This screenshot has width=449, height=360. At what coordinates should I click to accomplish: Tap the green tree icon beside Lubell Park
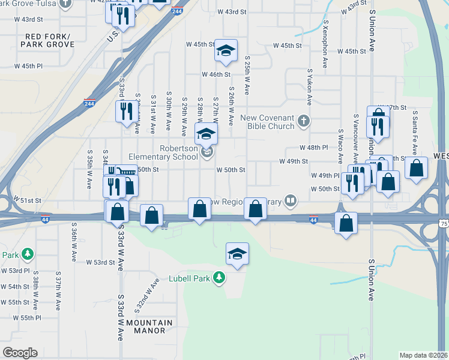tap(220, 277)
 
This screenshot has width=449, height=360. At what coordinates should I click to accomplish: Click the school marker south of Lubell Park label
tap(237, 254)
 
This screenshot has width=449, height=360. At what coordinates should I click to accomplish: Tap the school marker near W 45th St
tap(226, 51)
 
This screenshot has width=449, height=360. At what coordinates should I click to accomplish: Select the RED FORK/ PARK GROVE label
tap(49, 40)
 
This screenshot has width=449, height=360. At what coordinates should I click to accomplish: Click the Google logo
tap(20, 353)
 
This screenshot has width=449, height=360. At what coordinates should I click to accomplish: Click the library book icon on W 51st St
tap(291, 201)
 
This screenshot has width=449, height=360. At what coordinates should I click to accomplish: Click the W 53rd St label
tap(100, 262)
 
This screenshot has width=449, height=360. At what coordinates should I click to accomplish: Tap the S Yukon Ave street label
tap(310, 87)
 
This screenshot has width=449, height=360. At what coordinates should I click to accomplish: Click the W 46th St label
tap(216, 74)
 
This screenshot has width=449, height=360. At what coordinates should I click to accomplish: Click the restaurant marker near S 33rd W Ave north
tap(126, 112)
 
